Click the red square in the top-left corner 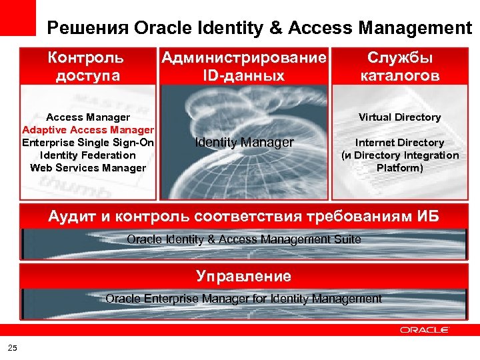pyautogui.click(x=17, y=16)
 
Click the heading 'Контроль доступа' pyautogui.click(x=87, y=66)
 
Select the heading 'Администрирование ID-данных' pyautogui.click(x=244, y=66)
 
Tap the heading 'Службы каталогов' pyautogui.click(x=400, y=66)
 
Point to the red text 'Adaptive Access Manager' pyautogui.click(x=88, y=129)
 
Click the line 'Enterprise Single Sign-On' pyautogui.click(x=88, y=142)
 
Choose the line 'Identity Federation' pyautogui.click(x=88, y=155)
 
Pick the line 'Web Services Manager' pyautogui.click(x=88, y=167)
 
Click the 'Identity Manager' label pyautogui.click(x=244, y=142)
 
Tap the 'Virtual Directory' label pyautogui.click(x=400, y=117)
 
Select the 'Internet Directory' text pyautogui.click(x=400, y=143)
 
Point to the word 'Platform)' pyautogui.click(x=400, y=168)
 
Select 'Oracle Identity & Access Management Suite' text pyautogui.click(x=244, y=239)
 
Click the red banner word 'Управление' pyautogui.click(x=244, y=276)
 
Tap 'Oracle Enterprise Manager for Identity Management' pyautogui.click(x=244, y=299)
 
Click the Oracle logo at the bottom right pyautogui.click(x=425, y=329)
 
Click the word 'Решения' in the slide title pyautogui.click(x=87, y=28)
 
